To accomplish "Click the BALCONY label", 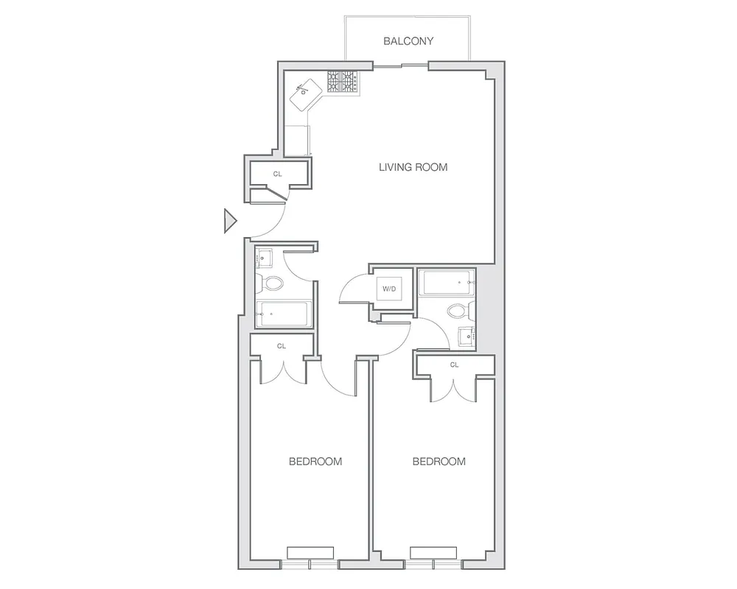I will tap(408, 41).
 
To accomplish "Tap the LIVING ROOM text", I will tap(413, 167).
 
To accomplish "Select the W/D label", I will tap(387, 289).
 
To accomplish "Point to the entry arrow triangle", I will tap(230, 221).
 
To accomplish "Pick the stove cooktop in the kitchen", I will tap(343, 82).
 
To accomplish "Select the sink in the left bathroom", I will tap(265, 258).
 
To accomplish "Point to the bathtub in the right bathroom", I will tap(446, 281).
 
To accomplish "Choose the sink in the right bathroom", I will tap(466, 336).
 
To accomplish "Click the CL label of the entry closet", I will tap(277, 174).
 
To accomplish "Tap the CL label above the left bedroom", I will tap(282, 345).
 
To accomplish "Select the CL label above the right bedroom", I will tap(454, 364).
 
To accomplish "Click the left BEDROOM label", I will tap(315, 462).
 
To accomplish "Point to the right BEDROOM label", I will tap(439, 462).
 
